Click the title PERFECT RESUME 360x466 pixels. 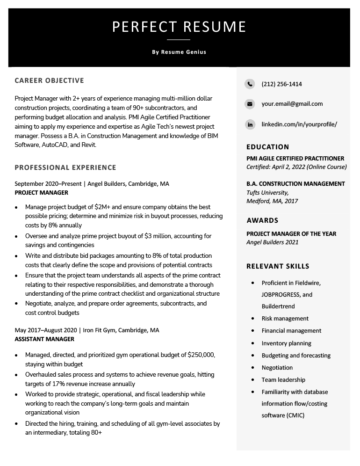tap(179, 27)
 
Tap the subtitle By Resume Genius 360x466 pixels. tap(179, 52)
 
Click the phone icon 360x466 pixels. tap(250, 84)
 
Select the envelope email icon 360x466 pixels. tap(250, 104)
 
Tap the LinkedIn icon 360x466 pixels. tap(250, 124)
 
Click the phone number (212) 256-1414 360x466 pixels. tap(281, 84)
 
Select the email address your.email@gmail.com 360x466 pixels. tap(292, 104)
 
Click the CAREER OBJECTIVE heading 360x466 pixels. tap(49, 80)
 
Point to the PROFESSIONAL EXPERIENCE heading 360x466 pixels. tap(65, 167)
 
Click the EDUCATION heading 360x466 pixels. tap(267, 147)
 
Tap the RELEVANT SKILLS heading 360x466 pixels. tap(278, 266)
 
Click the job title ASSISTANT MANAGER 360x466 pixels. tap(44, 339)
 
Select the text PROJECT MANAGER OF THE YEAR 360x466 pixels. tap(291, 234)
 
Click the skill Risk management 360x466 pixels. tap(285, 319)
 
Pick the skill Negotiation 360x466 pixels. tap(277, 368)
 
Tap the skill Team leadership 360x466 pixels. tap(283, 380)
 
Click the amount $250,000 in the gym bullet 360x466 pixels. tap(201, 355)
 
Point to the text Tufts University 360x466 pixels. tap(267, 193)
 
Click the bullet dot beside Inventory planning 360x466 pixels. tap(253, 343)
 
